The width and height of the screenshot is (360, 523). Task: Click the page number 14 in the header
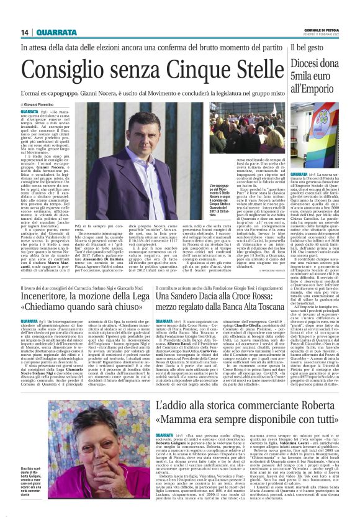(x=25, y=33)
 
